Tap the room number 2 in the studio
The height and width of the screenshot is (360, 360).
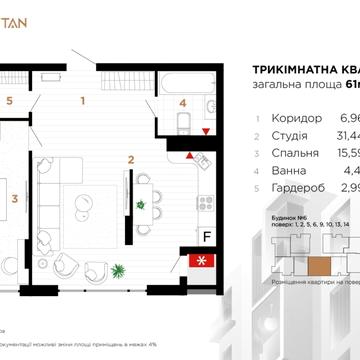click(130, 159)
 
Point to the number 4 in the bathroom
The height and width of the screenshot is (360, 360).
click(182, 101)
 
